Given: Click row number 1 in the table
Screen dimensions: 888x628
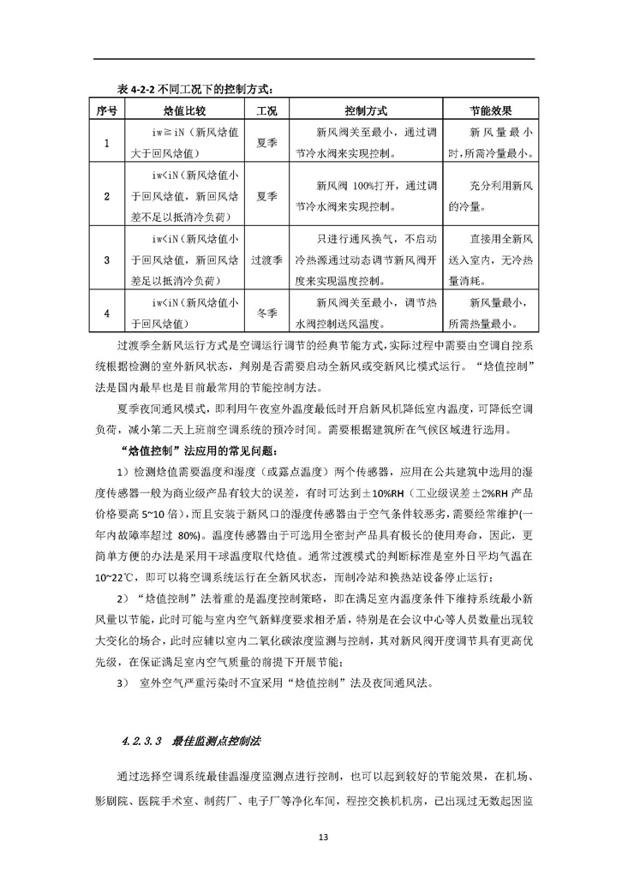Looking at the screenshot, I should click(x=106, y=144).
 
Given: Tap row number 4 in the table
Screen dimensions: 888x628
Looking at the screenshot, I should click(x=106, y=313).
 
